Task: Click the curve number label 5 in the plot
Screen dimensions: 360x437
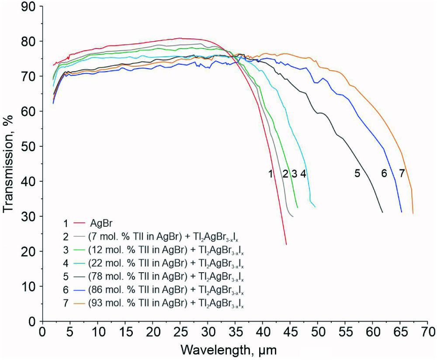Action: (357, 173)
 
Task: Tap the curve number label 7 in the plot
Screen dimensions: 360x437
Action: (402, 173)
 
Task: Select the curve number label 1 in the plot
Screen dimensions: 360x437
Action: (271, 173)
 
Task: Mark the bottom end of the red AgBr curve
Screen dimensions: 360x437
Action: (286, 244)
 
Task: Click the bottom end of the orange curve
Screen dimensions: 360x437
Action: (413, 213)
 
